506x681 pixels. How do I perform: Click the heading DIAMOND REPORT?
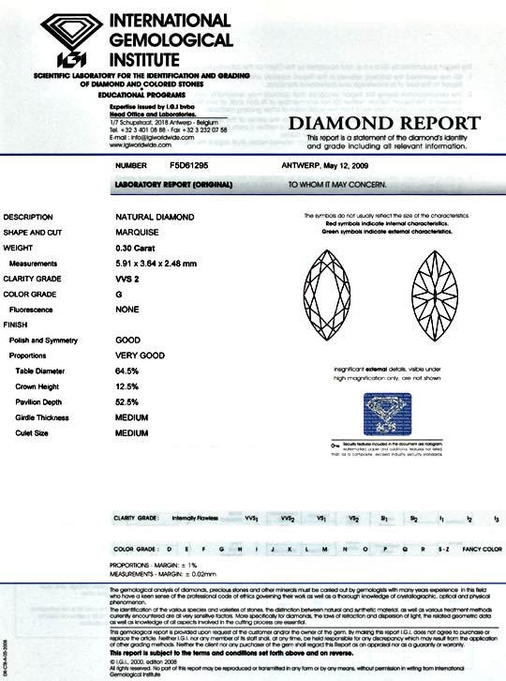tap(384, 124)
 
